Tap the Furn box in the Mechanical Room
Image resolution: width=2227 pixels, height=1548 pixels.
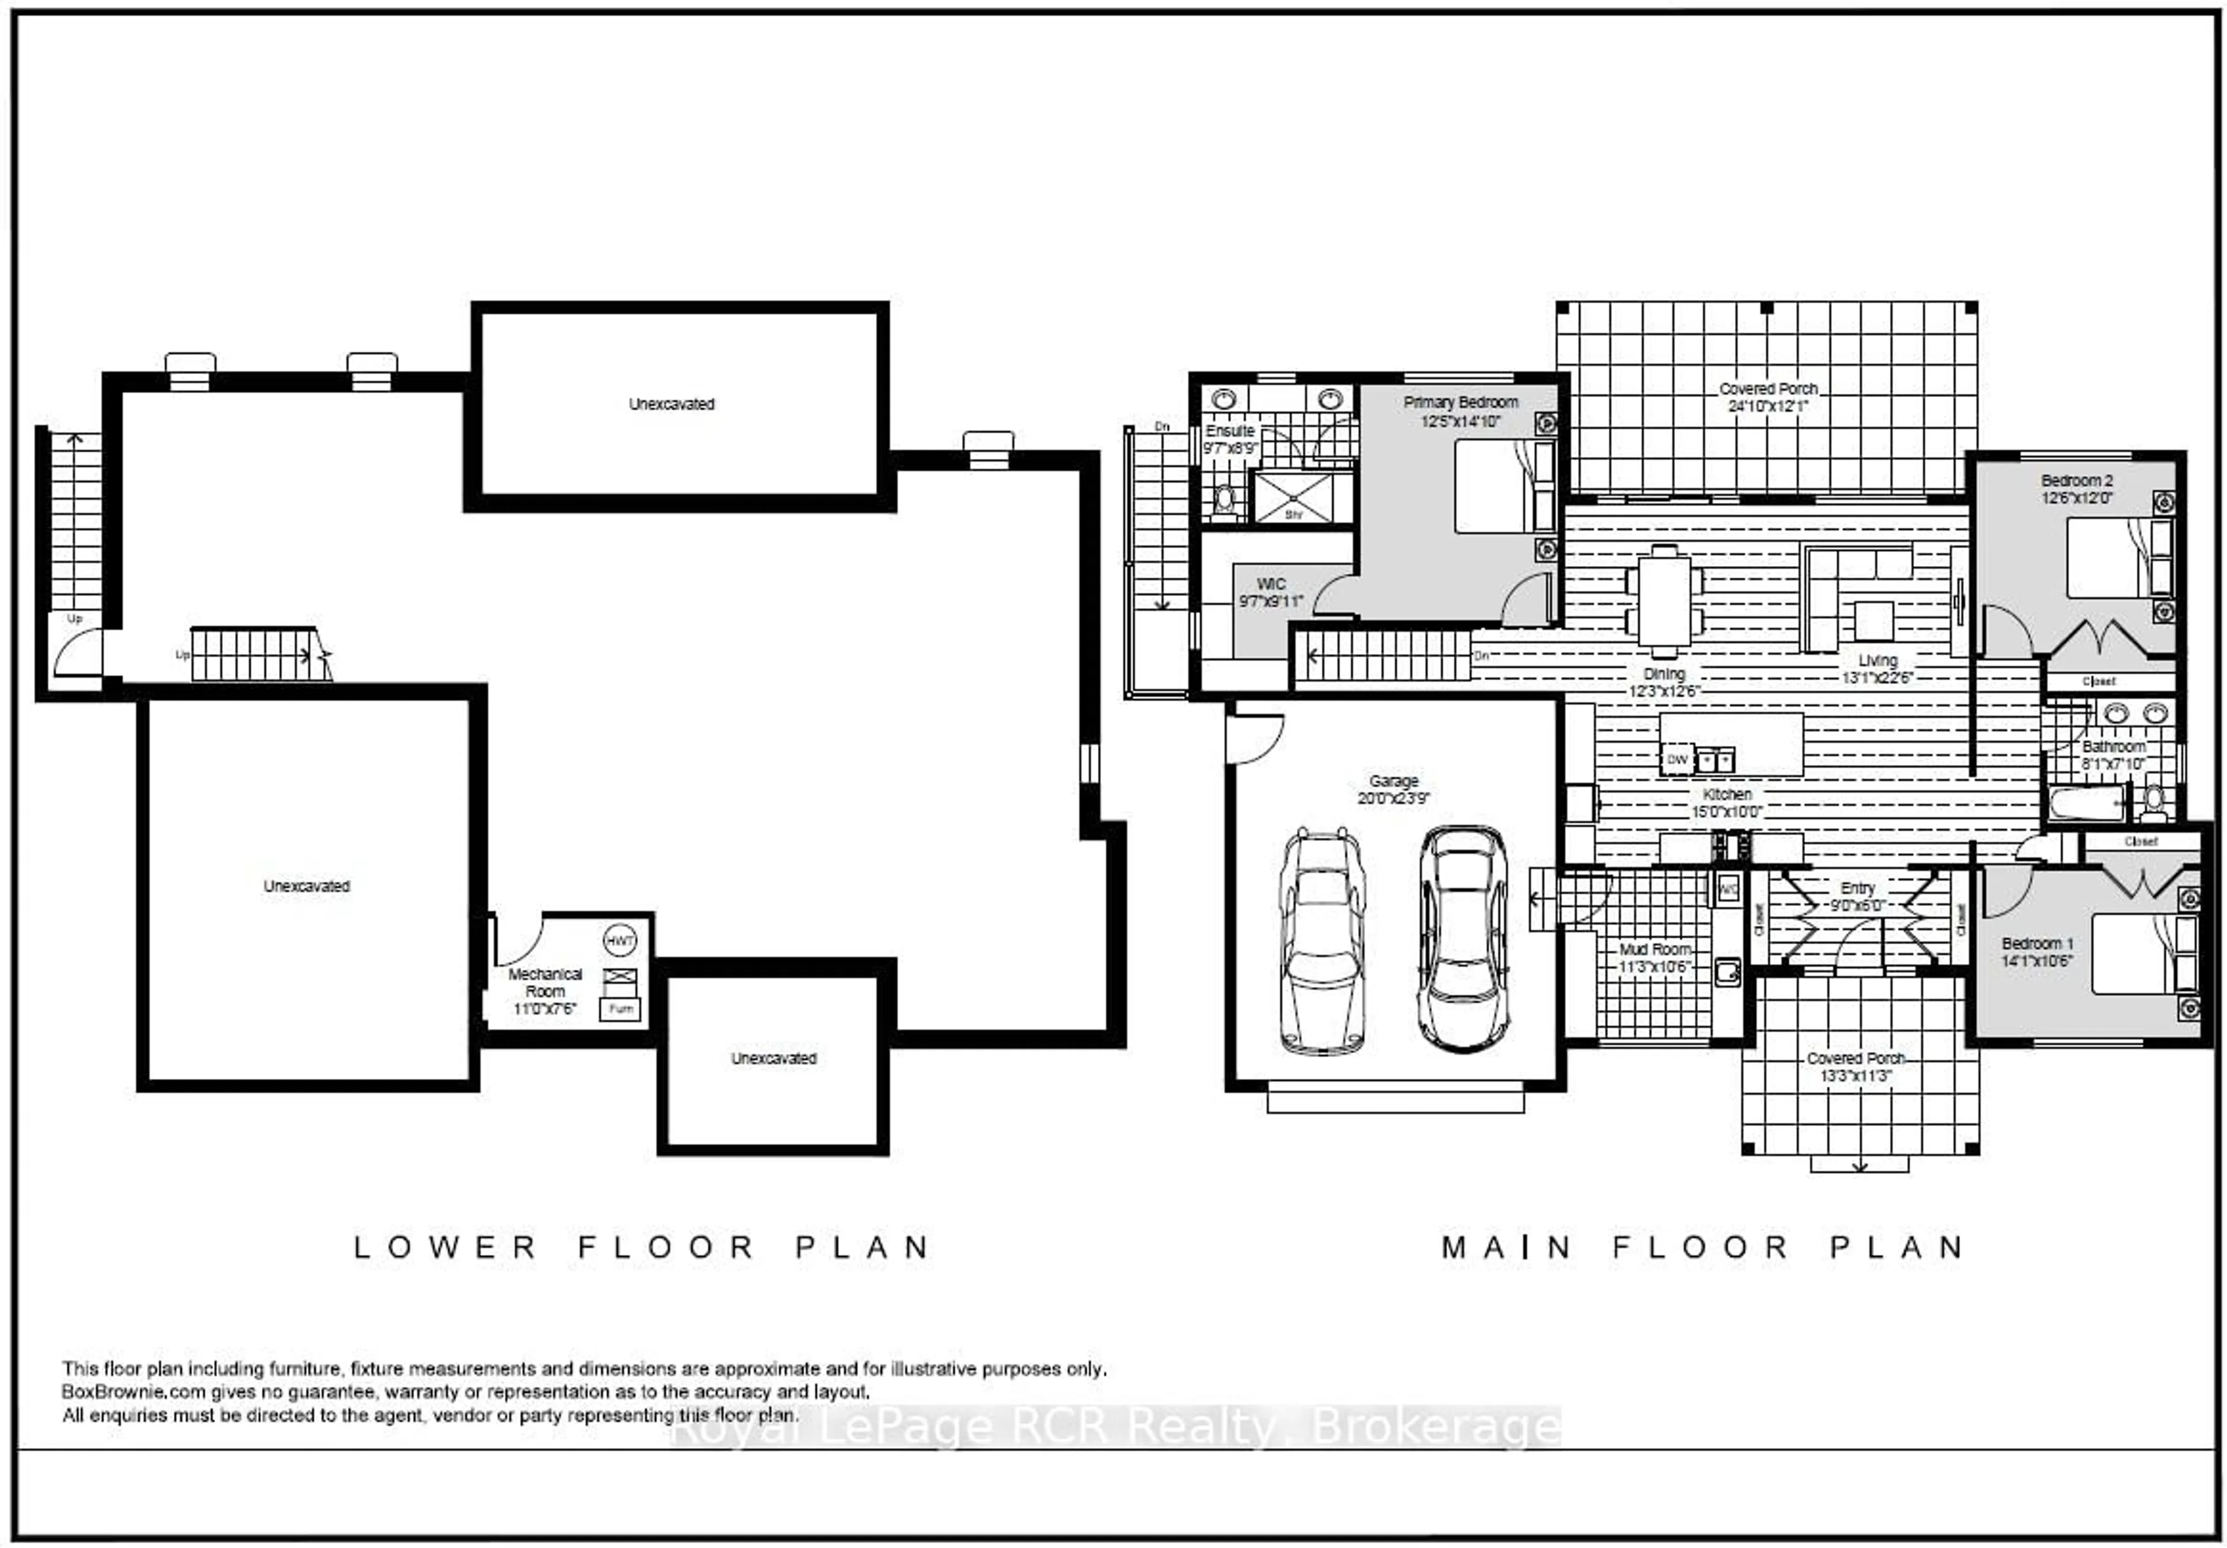pyautogui.click(x=620, y=1009)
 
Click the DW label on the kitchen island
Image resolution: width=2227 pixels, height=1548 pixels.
pyautogui.click(x=1677, y=759)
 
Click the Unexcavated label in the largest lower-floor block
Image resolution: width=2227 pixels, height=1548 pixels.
pyautogui.click(x=307, y=886)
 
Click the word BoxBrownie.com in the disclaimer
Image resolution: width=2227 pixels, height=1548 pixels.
pyautogui.click(x=134, y=1392)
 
